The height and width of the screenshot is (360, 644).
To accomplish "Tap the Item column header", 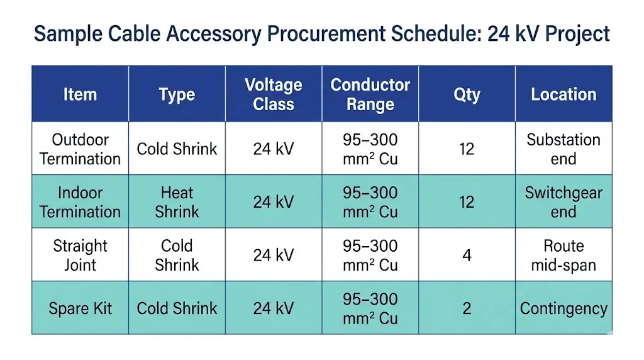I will pyautogui.click(x=80, y=94).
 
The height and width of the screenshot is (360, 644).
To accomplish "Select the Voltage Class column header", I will pyautogui.click(x=274, y=94).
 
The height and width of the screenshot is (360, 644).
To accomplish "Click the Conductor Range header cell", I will pyautogui.click(x=370, y=94).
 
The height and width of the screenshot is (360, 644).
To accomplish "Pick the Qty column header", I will pyautogui.click(x=467, y=94).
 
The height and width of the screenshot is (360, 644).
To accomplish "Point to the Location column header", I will pyautogui.click(x=563, y=94).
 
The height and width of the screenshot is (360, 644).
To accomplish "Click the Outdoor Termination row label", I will pyautogui.click(x=80, y=149).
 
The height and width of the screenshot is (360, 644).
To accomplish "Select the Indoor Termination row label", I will pyautogui.click(x=80, y=202).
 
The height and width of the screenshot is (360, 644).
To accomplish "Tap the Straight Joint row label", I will pyautogui.click(x=80, y=255).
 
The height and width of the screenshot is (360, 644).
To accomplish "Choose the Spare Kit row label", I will pyautogui.click(x=80, y=308).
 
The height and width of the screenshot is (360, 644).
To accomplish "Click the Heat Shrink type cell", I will pyautogui.click(x=177, y=202).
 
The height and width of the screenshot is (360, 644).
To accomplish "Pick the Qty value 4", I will pyautogui.click(x=467, y=255).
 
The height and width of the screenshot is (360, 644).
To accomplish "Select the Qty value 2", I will pyautogui.click(x=467, y=308).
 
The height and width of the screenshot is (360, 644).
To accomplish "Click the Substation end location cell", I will pyautogui.click(x=563, y=149).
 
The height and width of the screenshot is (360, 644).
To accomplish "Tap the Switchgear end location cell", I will pyautogui.click(x=563, y=202).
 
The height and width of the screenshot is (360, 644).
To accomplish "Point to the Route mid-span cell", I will pyautogui.click(x=563, y=255).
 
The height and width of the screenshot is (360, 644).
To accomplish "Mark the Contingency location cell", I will pyautogui.click(x=563, y=308).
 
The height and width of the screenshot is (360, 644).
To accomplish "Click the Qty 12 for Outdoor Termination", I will pyautogui.click(x=467, y=149).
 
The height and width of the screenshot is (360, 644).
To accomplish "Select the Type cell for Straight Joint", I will pyautogui.click(x=177, y=255).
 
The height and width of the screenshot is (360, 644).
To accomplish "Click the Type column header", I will pyautogui.click(x=177, y=94).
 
